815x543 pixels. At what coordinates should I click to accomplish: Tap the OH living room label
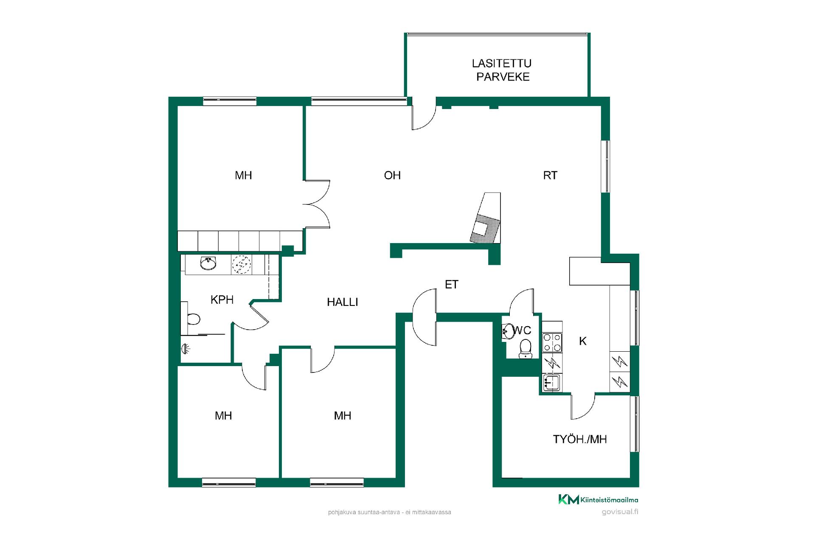pyautogui.click(x=392, y=175)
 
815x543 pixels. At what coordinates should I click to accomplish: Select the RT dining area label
pyautogui.click(x=550, y=175)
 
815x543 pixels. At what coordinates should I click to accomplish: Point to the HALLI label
pyautogui.click(x=343, y=302)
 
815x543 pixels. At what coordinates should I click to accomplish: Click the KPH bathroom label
pyautogui.click(x=222, y=300)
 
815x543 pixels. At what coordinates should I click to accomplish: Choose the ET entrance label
pyautogui.click(x=452, y=284)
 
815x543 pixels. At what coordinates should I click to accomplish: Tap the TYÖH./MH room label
pyautogui.click(x=580, y=439)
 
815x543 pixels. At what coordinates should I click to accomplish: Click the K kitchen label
pyautogui.click(x=583, y=341)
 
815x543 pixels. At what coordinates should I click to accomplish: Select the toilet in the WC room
pyautogui.click(x=526, y=348)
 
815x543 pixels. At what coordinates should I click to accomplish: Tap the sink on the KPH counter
pyautogui.click(x=208, y=263)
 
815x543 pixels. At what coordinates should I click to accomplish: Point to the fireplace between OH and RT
pyautogui.click(x=486, y=218)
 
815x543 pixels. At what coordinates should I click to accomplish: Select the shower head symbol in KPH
pyautogui.click(x=185, y=349)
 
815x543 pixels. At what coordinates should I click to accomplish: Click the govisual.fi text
pyautogui.click(x=620, y=512)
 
